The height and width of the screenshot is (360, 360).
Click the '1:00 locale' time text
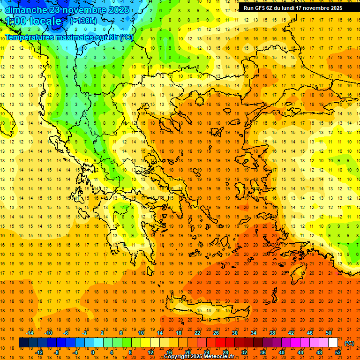(x=34, y=22)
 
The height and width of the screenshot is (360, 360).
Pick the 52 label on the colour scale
(x=338, y=352)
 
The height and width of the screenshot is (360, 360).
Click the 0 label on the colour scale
(x=92, y=352)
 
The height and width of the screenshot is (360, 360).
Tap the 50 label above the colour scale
(x=329, y=333)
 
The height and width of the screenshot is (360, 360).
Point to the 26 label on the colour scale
(x=216, y=333)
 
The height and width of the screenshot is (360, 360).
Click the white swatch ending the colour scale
(x=333, y=343)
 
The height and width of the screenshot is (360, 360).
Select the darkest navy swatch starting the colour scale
(x=23, y=343)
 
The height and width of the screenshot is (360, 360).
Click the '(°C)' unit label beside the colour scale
(x=349, y=343)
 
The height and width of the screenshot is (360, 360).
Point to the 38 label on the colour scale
(x=272, y=333)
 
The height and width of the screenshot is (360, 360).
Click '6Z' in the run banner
(x=274, y=8)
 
